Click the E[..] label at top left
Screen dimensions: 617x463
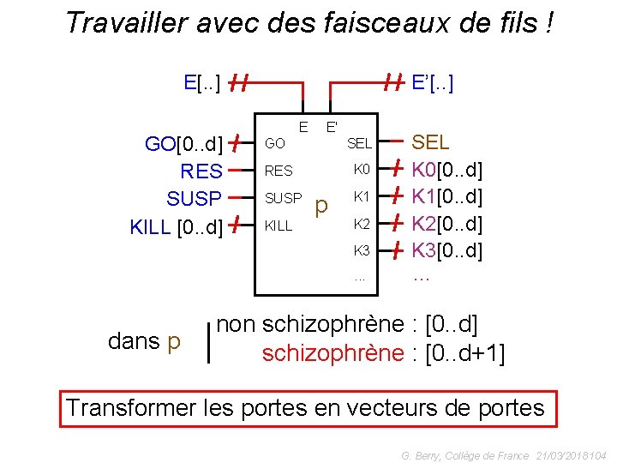[202, 82]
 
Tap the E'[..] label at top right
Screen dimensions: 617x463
[433, 82]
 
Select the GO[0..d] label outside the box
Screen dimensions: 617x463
[183, 143]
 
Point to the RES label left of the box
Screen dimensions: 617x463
[202, 171]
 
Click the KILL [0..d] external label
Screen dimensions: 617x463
[177, 227]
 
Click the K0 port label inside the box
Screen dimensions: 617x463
[361, 169]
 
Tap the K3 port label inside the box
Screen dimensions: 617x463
[361, 251]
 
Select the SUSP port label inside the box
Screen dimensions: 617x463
[283, 198]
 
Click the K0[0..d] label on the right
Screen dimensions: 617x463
[447, 170]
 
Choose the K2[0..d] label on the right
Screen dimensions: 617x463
[447, 225]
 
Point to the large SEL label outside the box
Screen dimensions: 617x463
[431, 142]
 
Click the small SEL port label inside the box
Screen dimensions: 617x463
[359, 142]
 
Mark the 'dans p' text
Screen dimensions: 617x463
[145, 341]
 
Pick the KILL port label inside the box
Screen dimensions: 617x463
[279, 226]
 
